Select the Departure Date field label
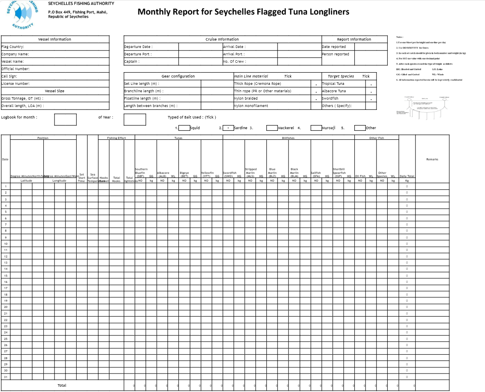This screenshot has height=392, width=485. pyautogui.click(x=138, y=47)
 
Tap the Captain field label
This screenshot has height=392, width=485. pyautogui.click(x=131, y=62)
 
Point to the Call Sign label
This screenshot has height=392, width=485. pyautogui.click(x=9, y=76)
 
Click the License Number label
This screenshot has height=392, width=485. pyautogui.click(x=16, y=84)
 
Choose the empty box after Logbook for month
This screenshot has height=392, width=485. pyautogui.click(x=65, y=119)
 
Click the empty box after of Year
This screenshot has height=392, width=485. pyautogui.click(x=135, y=119)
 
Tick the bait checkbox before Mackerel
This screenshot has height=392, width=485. pyautogui.click(x=272, y=128)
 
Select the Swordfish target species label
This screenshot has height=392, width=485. pyautogui.click(x=330, y=98)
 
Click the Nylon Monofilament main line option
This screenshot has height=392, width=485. pyautogui.click(x=251, y=106)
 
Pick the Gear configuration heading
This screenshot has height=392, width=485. pyautogui.click(x=178, y=76)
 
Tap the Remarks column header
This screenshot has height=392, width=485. pyautogui.click(x=432, y=159)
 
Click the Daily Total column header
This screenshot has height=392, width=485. pyautogui.click(x=407, y=176)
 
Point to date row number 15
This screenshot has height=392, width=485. pyautogui.click(x=6, y=275)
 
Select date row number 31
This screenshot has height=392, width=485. pyautogui.click(x=6, y=377)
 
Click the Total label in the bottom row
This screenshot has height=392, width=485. pyautogui.click(x=62, y=385)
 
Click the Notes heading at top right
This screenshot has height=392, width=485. pyautogui.click(x=400, y=37)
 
